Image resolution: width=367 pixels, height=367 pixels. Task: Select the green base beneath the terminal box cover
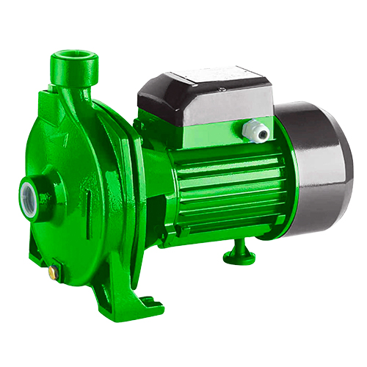(x=206, y=128)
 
